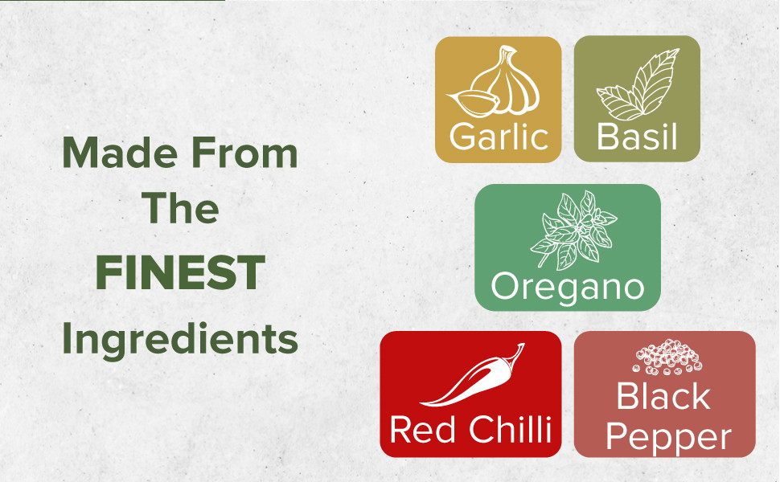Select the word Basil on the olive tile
click(x=637, y=137)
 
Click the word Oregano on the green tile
click(x=568, y=287)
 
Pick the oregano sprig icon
click(x=573, y=230)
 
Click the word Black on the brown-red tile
click(x=663, y=396)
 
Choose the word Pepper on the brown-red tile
click(x=668, y=437)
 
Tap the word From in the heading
click(x=244, y=153)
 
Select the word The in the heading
click(x=180, y=207)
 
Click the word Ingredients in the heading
click(x=180, y=339)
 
